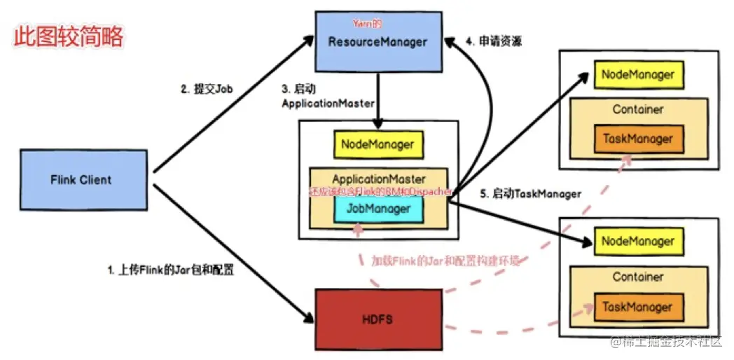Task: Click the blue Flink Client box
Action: coord(81,180)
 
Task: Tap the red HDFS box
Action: coord(378,319)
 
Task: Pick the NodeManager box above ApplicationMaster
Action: coord(378,145)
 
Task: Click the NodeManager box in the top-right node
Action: coord(637,74)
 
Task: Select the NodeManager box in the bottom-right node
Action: coord(637,242)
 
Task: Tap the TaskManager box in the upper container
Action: coord(637,139)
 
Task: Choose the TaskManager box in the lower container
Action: coord(637,307)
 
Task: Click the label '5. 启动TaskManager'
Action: coord(530,193)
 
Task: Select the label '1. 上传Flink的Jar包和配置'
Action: coord(170,269)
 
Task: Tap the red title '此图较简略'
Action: coord(69,36)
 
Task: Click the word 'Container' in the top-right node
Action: coord(637,109)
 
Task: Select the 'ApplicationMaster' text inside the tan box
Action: coord(378,179)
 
